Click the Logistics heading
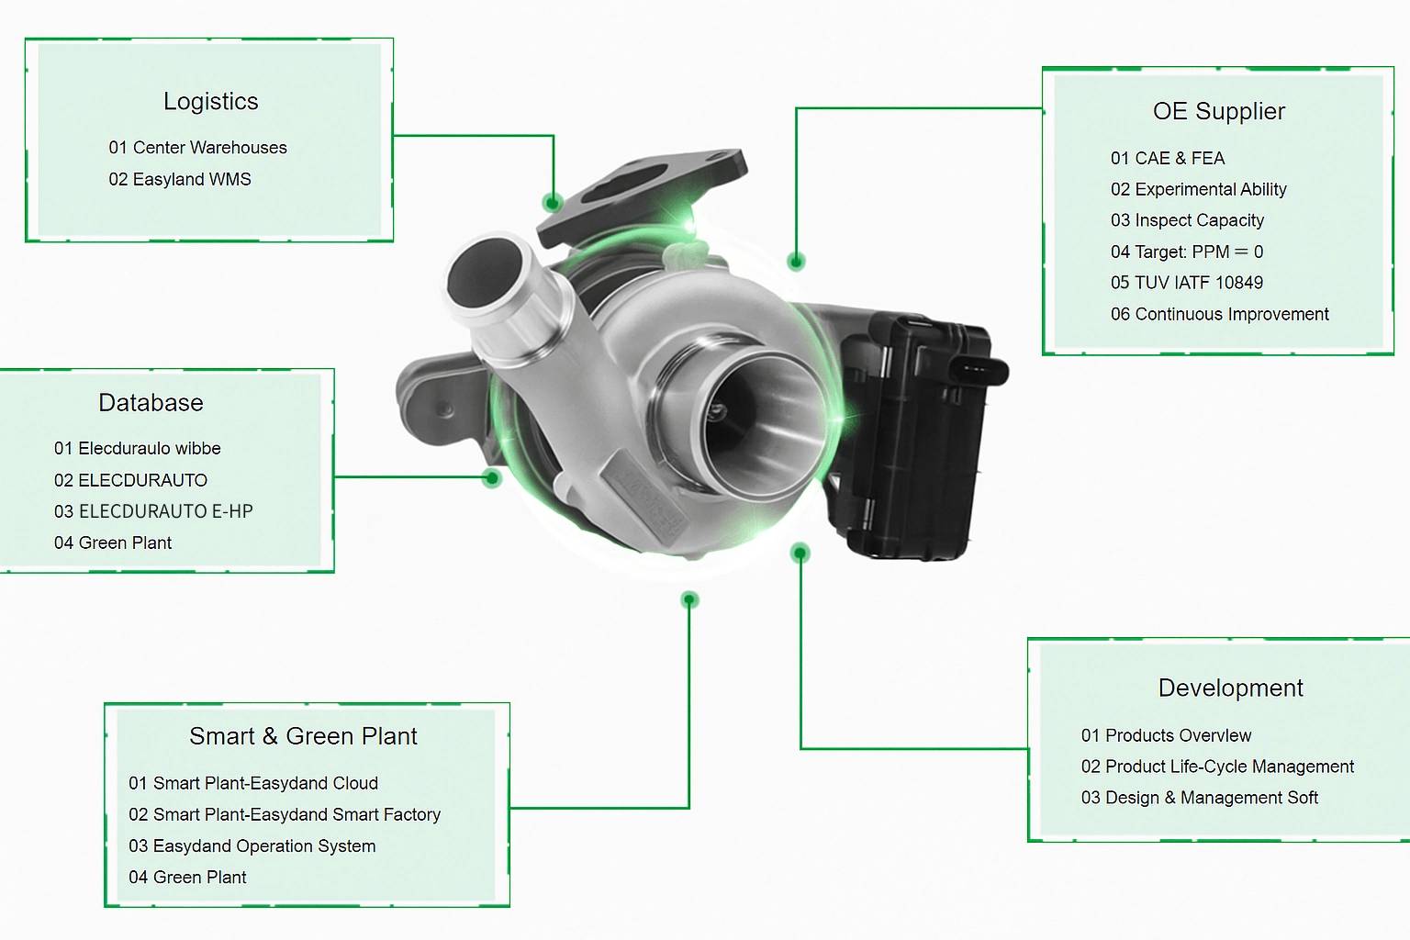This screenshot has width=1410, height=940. [210, 101]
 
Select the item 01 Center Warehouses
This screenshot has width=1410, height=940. [197, 148]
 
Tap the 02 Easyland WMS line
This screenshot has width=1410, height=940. [180, 179]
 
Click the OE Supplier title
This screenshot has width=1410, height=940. [1218, 111]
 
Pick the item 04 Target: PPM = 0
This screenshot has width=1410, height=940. [1186, 252]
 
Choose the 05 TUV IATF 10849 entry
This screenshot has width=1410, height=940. [1186, 283]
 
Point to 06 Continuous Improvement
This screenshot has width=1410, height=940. [1219, 314]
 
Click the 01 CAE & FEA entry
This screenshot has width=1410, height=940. [1167, 158]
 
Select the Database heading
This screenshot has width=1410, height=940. [151, 403]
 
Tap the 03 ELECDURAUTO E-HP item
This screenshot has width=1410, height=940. [153, 511]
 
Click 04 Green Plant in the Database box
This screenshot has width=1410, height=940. [113, 543]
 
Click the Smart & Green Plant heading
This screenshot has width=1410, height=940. [303, 736]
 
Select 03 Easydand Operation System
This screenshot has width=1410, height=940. [252, 845]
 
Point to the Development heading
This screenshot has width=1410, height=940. [1230, 688]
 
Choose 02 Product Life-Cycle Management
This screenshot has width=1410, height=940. [1217, 767]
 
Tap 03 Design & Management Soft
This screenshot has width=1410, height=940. [1199, 798]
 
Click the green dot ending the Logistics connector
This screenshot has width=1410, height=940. [552, 202]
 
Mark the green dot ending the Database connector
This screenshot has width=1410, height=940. [492, 477]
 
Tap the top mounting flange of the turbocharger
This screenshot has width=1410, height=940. [643, 193]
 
